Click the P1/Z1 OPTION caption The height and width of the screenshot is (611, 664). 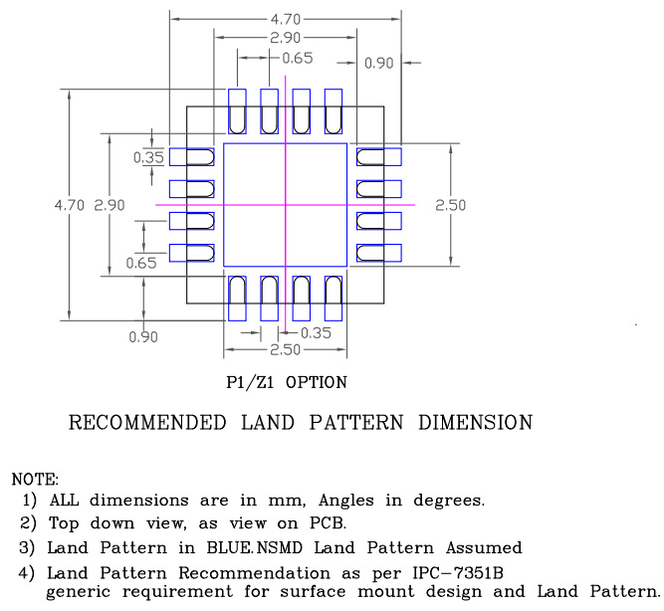[x=287, y=382]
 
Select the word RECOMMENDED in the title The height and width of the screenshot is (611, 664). [x=146, y=423]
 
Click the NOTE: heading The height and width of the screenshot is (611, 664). [x=34, y=480]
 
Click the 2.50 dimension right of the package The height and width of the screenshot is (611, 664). [x=451, y=205]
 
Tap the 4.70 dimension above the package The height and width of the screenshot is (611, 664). [x=287, y=18]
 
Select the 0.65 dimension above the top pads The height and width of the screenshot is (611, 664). [x=297, y=58]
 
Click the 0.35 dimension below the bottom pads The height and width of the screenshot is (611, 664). [x=316, y=333]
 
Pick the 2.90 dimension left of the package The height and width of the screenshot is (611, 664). [x=110, y=205]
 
